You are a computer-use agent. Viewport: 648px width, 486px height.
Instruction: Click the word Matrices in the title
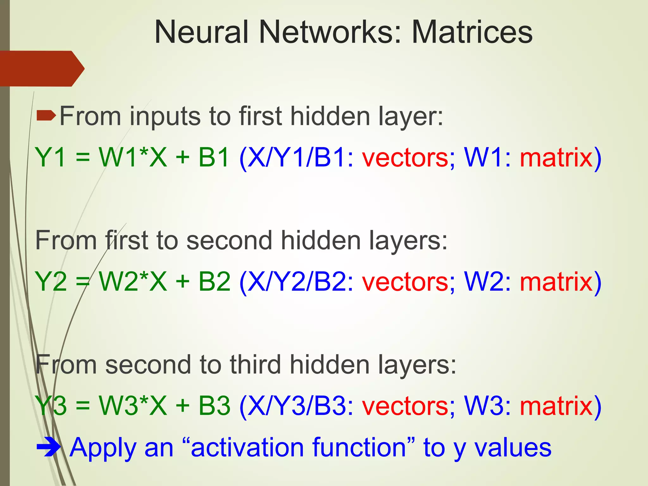472,32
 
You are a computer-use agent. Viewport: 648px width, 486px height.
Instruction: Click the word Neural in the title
201,32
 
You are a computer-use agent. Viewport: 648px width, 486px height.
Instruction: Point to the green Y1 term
51,157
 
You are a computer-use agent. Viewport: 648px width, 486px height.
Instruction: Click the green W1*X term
133,157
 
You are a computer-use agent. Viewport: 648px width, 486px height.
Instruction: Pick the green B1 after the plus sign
214,157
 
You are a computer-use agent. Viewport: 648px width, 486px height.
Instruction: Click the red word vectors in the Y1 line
405,157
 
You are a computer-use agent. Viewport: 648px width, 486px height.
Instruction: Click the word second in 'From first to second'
229,241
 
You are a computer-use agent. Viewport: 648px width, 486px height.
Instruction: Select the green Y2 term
51,281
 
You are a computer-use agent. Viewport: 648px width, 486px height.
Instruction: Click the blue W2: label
487,281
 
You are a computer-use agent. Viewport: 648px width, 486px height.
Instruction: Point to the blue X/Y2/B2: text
296,281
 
